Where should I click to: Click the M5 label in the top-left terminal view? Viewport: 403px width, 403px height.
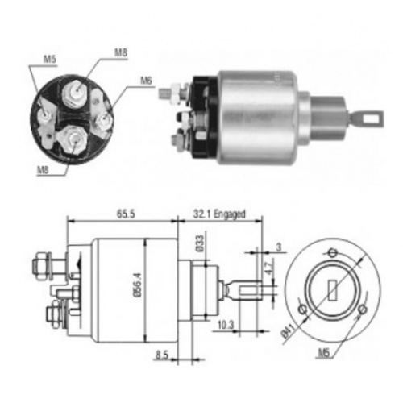[50, 60]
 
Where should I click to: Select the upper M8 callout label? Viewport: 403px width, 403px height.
[121, 52]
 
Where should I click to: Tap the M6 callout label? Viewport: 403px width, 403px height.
[146, 81]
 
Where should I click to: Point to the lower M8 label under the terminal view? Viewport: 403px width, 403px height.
[43, 170]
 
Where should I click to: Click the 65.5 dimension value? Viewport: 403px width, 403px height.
[126, 214]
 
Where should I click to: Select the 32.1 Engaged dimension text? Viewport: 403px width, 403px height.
[219, 214]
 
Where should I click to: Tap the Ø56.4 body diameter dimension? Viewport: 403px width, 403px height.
[138, 285]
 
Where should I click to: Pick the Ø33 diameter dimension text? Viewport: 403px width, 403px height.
[200, 243]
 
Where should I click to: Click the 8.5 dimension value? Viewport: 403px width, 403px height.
[162, 355]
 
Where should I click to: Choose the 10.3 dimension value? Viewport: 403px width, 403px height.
[226, 325]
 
